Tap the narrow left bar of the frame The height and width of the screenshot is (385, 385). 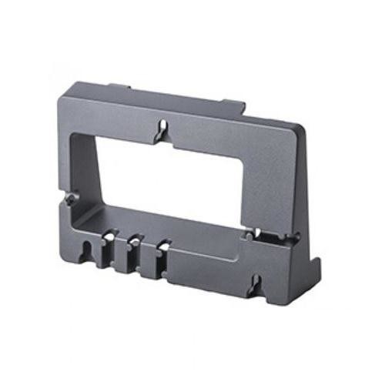(x=87, y=154)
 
